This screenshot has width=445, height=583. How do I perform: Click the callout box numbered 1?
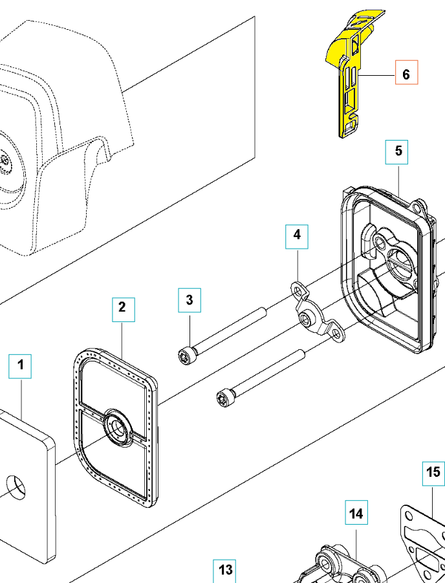click(20, 366)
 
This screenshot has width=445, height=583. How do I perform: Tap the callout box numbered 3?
click(190, 300)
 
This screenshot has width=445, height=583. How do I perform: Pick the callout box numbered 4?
click(297, 235)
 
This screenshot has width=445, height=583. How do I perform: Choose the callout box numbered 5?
click(398, 151)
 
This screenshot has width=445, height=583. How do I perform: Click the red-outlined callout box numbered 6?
click(406, 74)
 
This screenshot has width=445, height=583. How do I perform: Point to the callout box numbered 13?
click(226, 570)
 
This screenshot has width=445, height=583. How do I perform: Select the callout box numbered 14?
click(356, 514)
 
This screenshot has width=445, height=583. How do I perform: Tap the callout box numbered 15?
click(434, 474)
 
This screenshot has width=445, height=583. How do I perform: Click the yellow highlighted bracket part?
click(350, 78)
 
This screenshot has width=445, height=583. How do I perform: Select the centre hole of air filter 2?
click(118, 427)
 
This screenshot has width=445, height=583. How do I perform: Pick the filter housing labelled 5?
click(388, 272)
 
